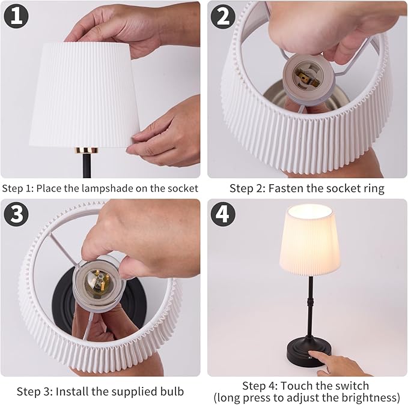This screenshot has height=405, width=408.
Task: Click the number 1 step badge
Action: tap(16, 16)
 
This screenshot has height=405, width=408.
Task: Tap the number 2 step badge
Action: tap(224, 16)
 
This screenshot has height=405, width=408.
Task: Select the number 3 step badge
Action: tap(16, 214)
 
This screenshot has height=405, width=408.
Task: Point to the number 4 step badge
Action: tap(224, 214)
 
